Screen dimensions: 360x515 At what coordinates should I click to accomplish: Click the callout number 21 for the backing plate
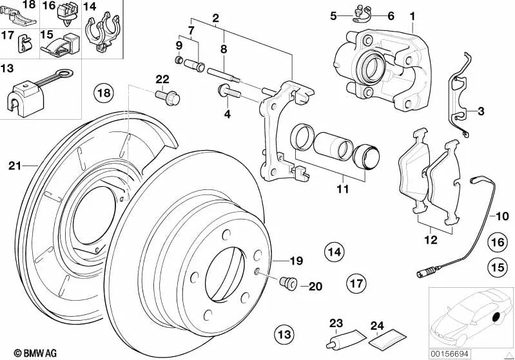click(x=15, y=166)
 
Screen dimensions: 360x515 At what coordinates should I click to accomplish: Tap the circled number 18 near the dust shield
click(x=104, y=93)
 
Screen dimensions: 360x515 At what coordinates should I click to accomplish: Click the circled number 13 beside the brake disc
click(x=284, y=334)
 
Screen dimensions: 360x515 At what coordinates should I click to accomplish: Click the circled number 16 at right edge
click(x=497, y=242)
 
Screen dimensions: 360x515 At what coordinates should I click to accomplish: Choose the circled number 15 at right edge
click(x=497, y=265)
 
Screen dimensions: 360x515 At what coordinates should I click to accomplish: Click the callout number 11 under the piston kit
click(x=342, y=189)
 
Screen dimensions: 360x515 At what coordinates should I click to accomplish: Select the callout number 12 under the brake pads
click(x=431, y=240)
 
